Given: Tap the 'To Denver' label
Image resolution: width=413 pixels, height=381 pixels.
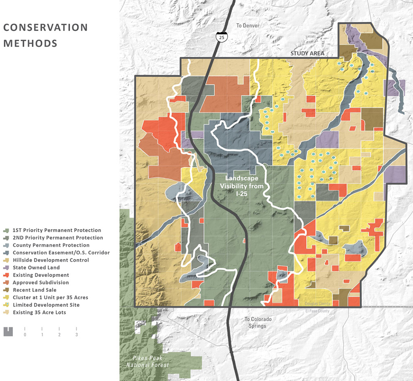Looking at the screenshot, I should pos(248,26).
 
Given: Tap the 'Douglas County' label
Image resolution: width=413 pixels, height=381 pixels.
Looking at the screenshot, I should pos(317,304).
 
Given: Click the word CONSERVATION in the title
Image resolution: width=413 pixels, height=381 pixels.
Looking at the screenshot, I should pos(45,28).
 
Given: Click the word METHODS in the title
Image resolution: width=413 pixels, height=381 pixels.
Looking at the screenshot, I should pos(30,43).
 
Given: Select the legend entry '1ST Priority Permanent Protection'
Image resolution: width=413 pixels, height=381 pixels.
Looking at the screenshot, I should pos(57,230).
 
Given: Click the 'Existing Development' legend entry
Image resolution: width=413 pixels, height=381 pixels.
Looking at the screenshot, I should pos(40,275).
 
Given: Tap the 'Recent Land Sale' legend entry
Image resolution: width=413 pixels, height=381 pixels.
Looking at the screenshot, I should pos(34,290).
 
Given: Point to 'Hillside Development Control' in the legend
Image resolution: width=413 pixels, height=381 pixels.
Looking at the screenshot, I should pos(51,260).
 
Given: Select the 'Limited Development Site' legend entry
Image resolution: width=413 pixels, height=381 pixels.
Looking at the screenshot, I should pos(46,305).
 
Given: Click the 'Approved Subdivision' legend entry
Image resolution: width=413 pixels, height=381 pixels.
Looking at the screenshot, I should pos(40,282).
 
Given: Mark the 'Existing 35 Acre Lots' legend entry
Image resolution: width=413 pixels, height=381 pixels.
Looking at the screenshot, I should pos(39,313).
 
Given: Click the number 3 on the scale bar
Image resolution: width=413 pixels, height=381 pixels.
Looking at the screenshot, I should pos(77,335).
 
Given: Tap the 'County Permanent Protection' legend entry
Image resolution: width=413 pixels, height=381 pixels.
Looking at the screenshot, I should pos(51,245).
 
